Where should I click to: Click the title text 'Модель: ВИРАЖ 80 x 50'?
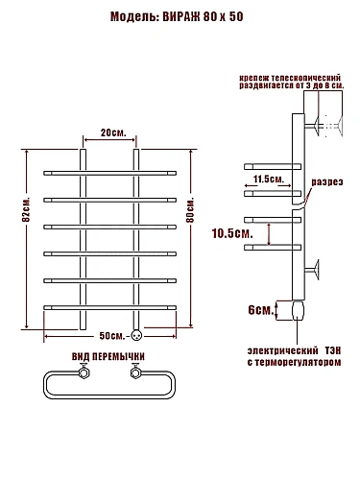click(177, 16)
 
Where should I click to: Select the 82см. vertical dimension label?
click(27, 210)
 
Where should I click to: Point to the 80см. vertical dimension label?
click(190, 210)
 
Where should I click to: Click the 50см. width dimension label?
click(112, 336)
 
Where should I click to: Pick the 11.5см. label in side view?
click(269, 179)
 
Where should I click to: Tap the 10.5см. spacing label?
click(232, 233)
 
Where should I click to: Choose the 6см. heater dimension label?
click(261, 310)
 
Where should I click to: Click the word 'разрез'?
click(327, 182)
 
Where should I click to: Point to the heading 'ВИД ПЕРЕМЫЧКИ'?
click(108, 356)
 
